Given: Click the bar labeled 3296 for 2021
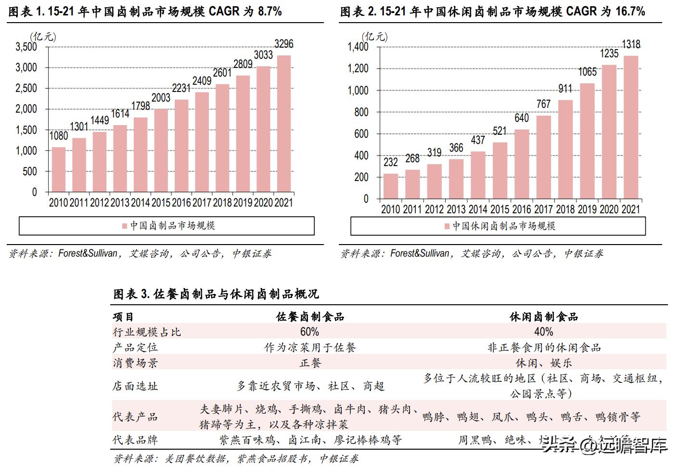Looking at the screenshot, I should [x=283, y=124].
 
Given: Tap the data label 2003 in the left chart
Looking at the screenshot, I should [x=161, y=98].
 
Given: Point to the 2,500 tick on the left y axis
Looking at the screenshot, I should [x=26, y=88].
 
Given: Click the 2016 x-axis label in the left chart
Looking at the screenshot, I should [x=181, y=203].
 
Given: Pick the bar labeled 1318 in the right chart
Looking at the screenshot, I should [x=631, y=127].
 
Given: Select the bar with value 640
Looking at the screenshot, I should [x=522, y=164].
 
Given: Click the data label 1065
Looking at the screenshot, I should [x=587, y=72].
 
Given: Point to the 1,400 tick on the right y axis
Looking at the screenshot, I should [x=358, y=47].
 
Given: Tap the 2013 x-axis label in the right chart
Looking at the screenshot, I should [x=456, y=209].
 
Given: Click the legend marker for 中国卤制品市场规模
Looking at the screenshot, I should [x=125, y=226].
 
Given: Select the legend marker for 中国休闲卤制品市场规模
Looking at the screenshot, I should [x=447, y=226].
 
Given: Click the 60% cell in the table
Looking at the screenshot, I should [x=309, y=332].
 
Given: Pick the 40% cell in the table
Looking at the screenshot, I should [x=543, y=332].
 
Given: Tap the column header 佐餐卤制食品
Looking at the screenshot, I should [x=309, y=316].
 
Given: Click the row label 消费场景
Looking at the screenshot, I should [x=135, y=363].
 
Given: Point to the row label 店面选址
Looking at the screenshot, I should [x=135, y=386].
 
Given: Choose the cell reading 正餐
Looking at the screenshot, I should [x=310, y=363].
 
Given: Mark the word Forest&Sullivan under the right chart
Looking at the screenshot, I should [x=420, y=254].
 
